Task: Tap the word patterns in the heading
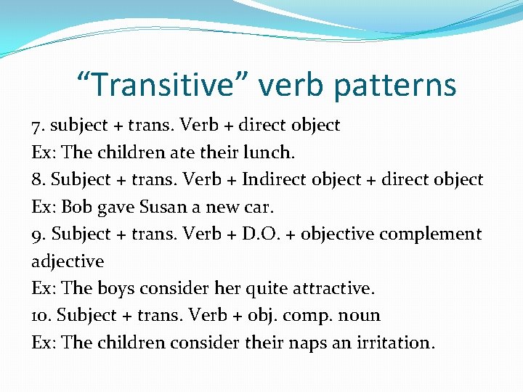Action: tap(397, 85)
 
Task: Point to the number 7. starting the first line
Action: tap(38, 125)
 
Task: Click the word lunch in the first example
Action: tap(272, 152)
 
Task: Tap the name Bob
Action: tap(76, 207)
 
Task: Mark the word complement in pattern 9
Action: tap(437, 234)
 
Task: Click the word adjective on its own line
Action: tap(68, 261)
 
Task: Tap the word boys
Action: tap(116, 288)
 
